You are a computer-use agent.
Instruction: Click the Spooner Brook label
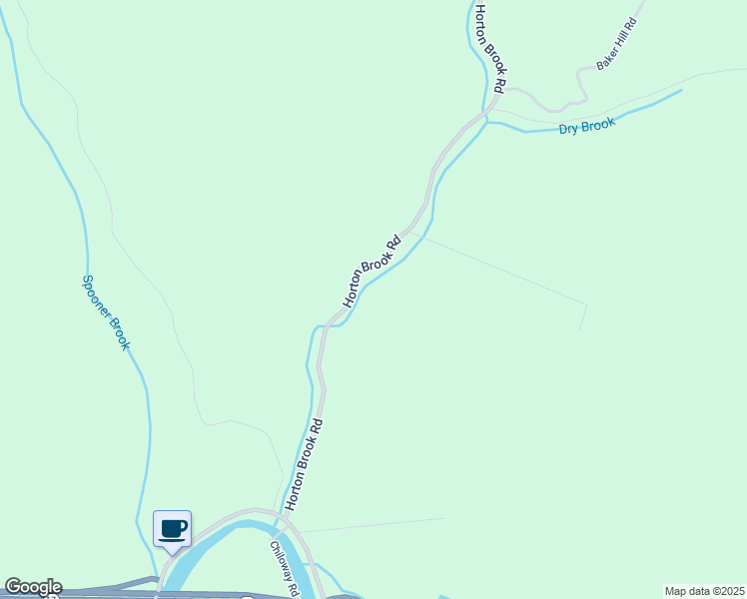(x=105, y=312)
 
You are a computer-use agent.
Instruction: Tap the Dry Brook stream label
(x=587, y=125)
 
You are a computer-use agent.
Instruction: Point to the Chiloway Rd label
(x=284, y=569)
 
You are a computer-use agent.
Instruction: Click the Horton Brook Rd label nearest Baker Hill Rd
(x=491, y=49)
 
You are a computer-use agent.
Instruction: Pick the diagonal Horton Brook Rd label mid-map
(x=372, y=272)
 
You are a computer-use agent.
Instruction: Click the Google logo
(x=32, y=587)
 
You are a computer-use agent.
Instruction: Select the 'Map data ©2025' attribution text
(x=704, y=591)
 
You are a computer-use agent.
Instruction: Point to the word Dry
(x=568, y=128)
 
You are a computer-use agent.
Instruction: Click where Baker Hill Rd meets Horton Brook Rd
(x=492, y=107)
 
